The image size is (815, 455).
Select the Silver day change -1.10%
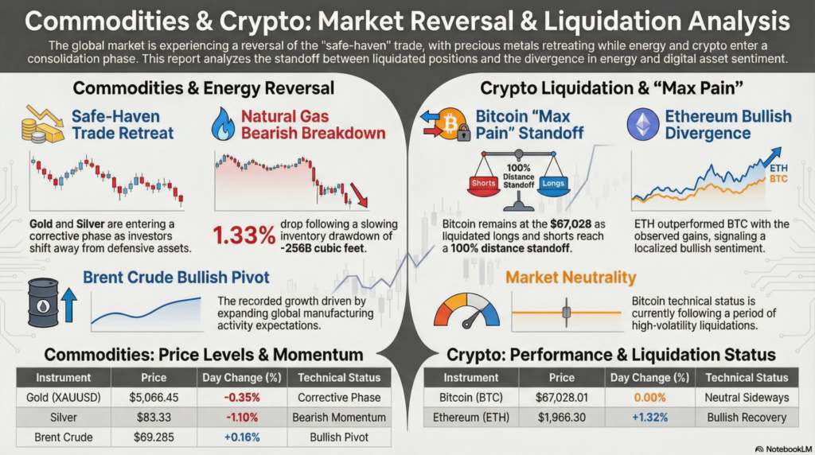point(245,417)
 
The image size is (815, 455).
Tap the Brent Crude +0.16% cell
point(245,437)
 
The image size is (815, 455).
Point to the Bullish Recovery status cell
point(746,417)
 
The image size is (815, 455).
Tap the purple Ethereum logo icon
point(641,124)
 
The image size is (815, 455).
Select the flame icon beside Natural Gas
point(223,124)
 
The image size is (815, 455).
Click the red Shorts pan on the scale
point(484,185)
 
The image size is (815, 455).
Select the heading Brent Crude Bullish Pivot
point(176,278)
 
